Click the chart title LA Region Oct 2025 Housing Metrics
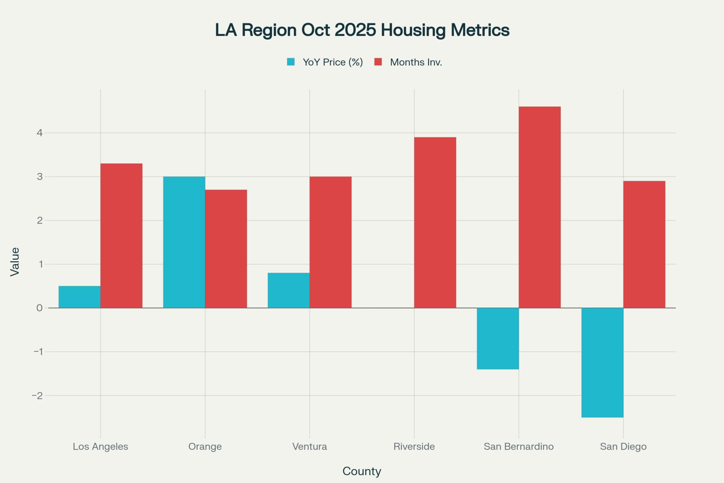362,30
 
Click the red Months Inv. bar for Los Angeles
121,235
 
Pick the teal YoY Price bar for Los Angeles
80,297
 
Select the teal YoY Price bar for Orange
184,242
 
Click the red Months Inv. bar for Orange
226,249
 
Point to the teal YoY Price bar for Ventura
288,290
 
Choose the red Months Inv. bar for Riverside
435,223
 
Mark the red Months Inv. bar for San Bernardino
540,207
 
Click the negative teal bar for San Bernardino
498,338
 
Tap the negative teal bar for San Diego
602,363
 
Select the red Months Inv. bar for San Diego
644,245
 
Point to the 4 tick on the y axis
39,133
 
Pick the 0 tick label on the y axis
39,308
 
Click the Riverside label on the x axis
414,447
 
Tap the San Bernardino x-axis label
518,447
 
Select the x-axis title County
362,471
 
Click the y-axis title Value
15,262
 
